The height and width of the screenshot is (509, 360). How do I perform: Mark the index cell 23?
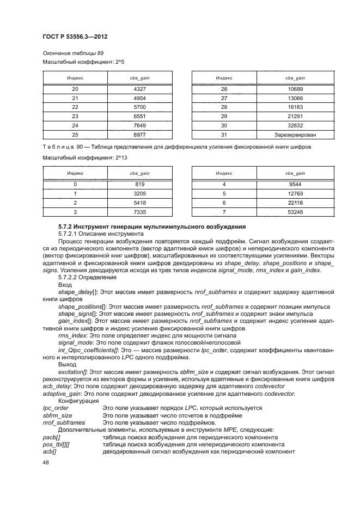[75, 116]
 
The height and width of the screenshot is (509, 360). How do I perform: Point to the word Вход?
[64, 285]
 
